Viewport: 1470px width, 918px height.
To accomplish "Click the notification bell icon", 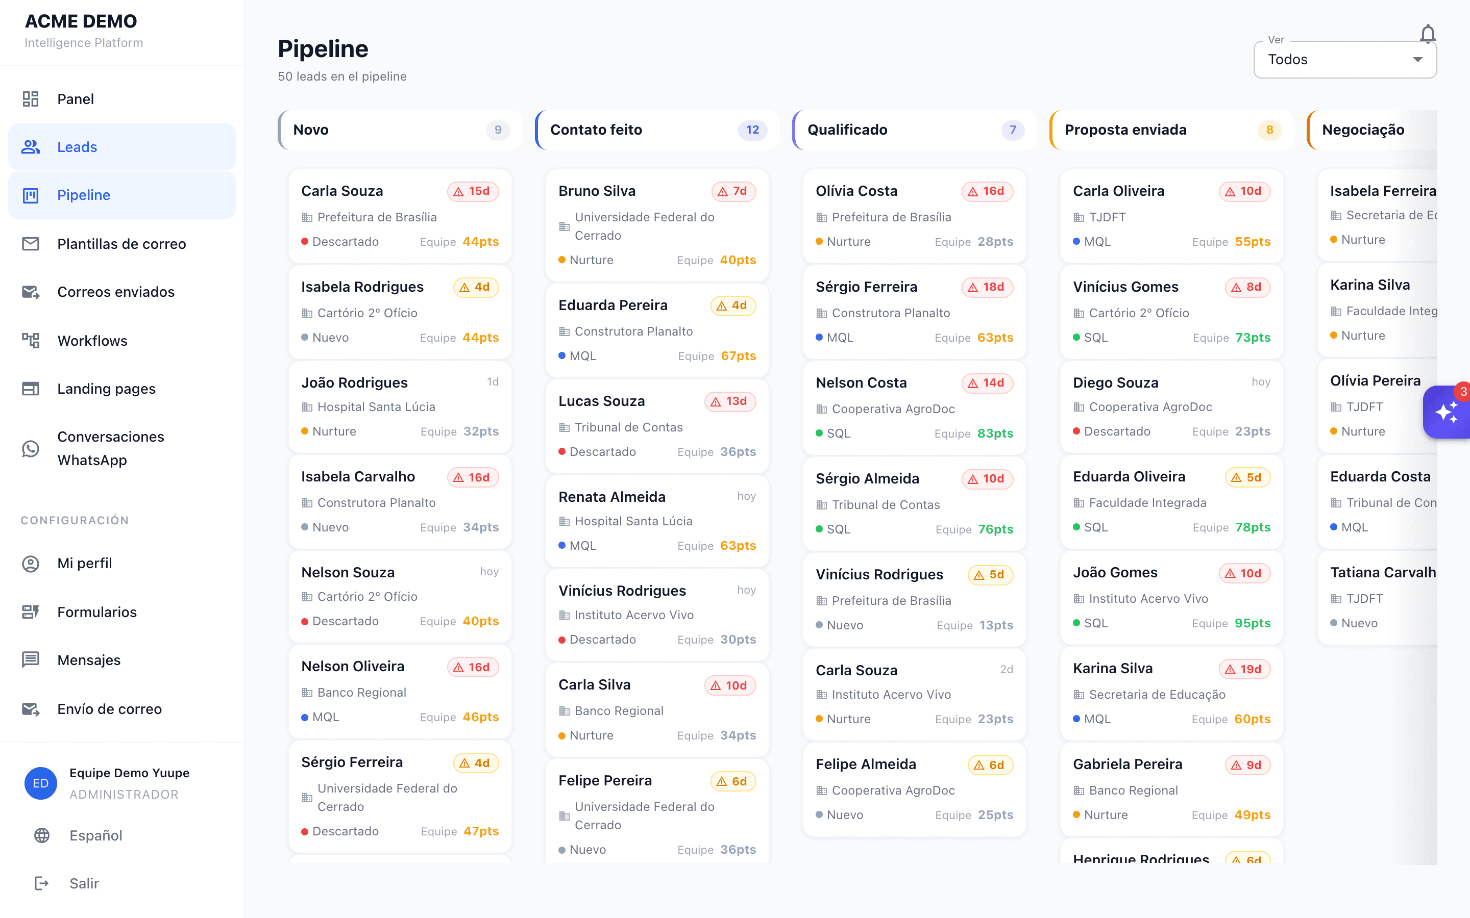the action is (1428, 34).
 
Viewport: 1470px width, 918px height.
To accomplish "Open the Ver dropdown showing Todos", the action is (1345, 60).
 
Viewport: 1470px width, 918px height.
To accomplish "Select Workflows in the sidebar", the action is (92, 341).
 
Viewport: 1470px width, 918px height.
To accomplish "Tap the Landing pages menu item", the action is (106, 389).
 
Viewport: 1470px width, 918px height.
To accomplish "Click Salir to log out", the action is (84, 883).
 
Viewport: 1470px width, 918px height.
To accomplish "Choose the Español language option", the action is (96, 835).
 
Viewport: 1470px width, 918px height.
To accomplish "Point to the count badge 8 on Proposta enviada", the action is (1269, 130).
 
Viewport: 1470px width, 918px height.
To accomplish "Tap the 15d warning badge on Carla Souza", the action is (473, 191).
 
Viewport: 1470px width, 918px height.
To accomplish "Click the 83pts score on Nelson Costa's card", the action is (995, 433).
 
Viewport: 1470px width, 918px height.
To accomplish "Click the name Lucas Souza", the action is (601, 401).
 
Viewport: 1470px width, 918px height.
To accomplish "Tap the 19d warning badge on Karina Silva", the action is (1244, 669).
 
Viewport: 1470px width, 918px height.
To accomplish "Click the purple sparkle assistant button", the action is (1447, 412).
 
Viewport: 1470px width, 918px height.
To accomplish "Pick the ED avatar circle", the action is (41, 783).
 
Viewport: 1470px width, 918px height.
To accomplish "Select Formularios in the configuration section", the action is (97, 612).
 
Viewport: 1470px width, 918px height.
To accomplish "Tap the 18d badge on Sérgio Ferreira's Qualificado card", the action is (988, 287).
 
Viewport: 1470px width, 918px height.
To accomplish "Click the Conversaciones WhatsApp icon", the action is (31, 449).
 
